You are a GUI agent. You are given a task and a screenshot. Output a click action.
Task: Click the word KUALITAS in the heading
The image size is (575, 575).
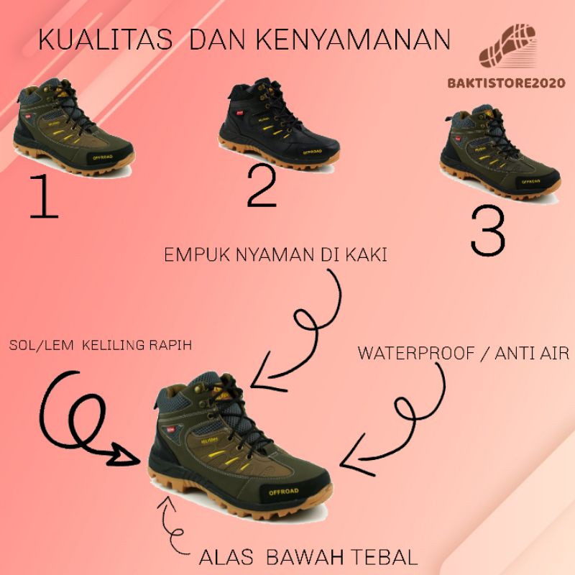[105, 40]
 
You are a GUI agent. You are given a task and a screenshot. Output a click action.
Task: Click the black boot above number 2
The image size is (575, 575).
[278, 129]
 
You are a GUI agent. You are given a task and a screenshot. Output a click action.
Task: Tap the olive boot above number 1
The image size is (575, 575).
[74, 129]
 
